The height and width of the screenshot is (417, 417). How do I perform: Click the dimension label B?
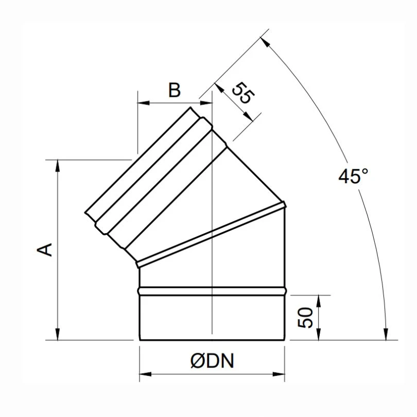[175, 91]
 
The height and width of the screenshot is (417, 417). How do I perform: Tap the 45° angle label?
[353, 177]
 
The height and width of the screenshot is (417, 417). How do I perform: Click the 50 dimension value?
[305, 318]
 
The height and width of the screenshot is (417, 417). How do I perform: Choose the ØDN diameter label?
[212, 361]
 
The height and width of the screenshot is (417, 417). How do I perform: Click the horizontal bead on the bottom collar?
[212, 291]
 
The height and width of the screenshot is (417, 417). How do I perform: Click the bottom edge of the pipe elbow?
[212, 340]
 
